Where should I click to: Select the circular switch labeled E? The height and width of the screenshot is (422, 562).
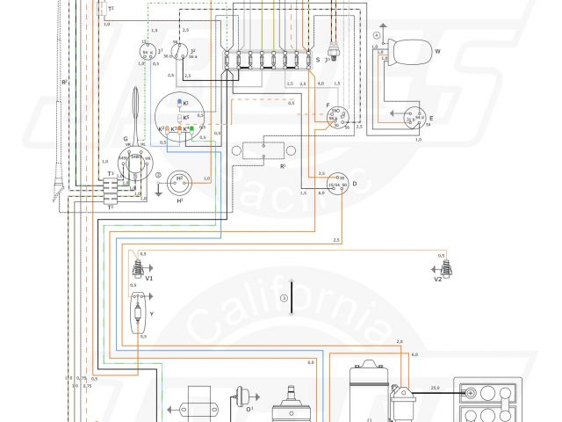413,117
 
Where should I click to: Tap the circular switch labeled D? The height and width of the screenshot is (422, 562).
333,183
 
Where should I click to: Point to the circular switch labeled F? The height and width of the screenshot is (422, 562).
335,118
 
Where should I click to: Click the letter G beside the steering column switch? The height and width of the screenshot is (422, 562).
126,138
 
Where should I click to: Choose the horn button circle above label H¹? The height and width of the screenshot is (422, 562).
181,180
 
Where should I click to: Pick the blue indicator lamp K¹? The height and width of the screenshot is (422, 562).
179,103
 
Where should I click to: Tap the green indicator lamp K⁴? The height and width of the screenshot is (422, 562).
190,129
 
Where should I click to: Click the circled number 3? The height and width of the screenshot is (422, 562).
285,299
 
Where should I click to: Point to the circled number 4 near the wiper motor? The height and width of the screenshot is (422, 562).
377,34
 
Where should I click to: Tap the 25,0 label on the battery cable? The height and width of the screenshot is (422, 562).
434,387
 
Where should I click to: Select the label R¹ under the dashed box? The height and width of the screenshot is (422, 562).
283,165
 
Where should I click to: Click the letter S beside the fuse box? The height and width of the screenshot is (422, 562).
317,60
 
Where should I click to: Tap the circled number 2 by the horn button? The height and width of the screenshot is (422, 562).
159,176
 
